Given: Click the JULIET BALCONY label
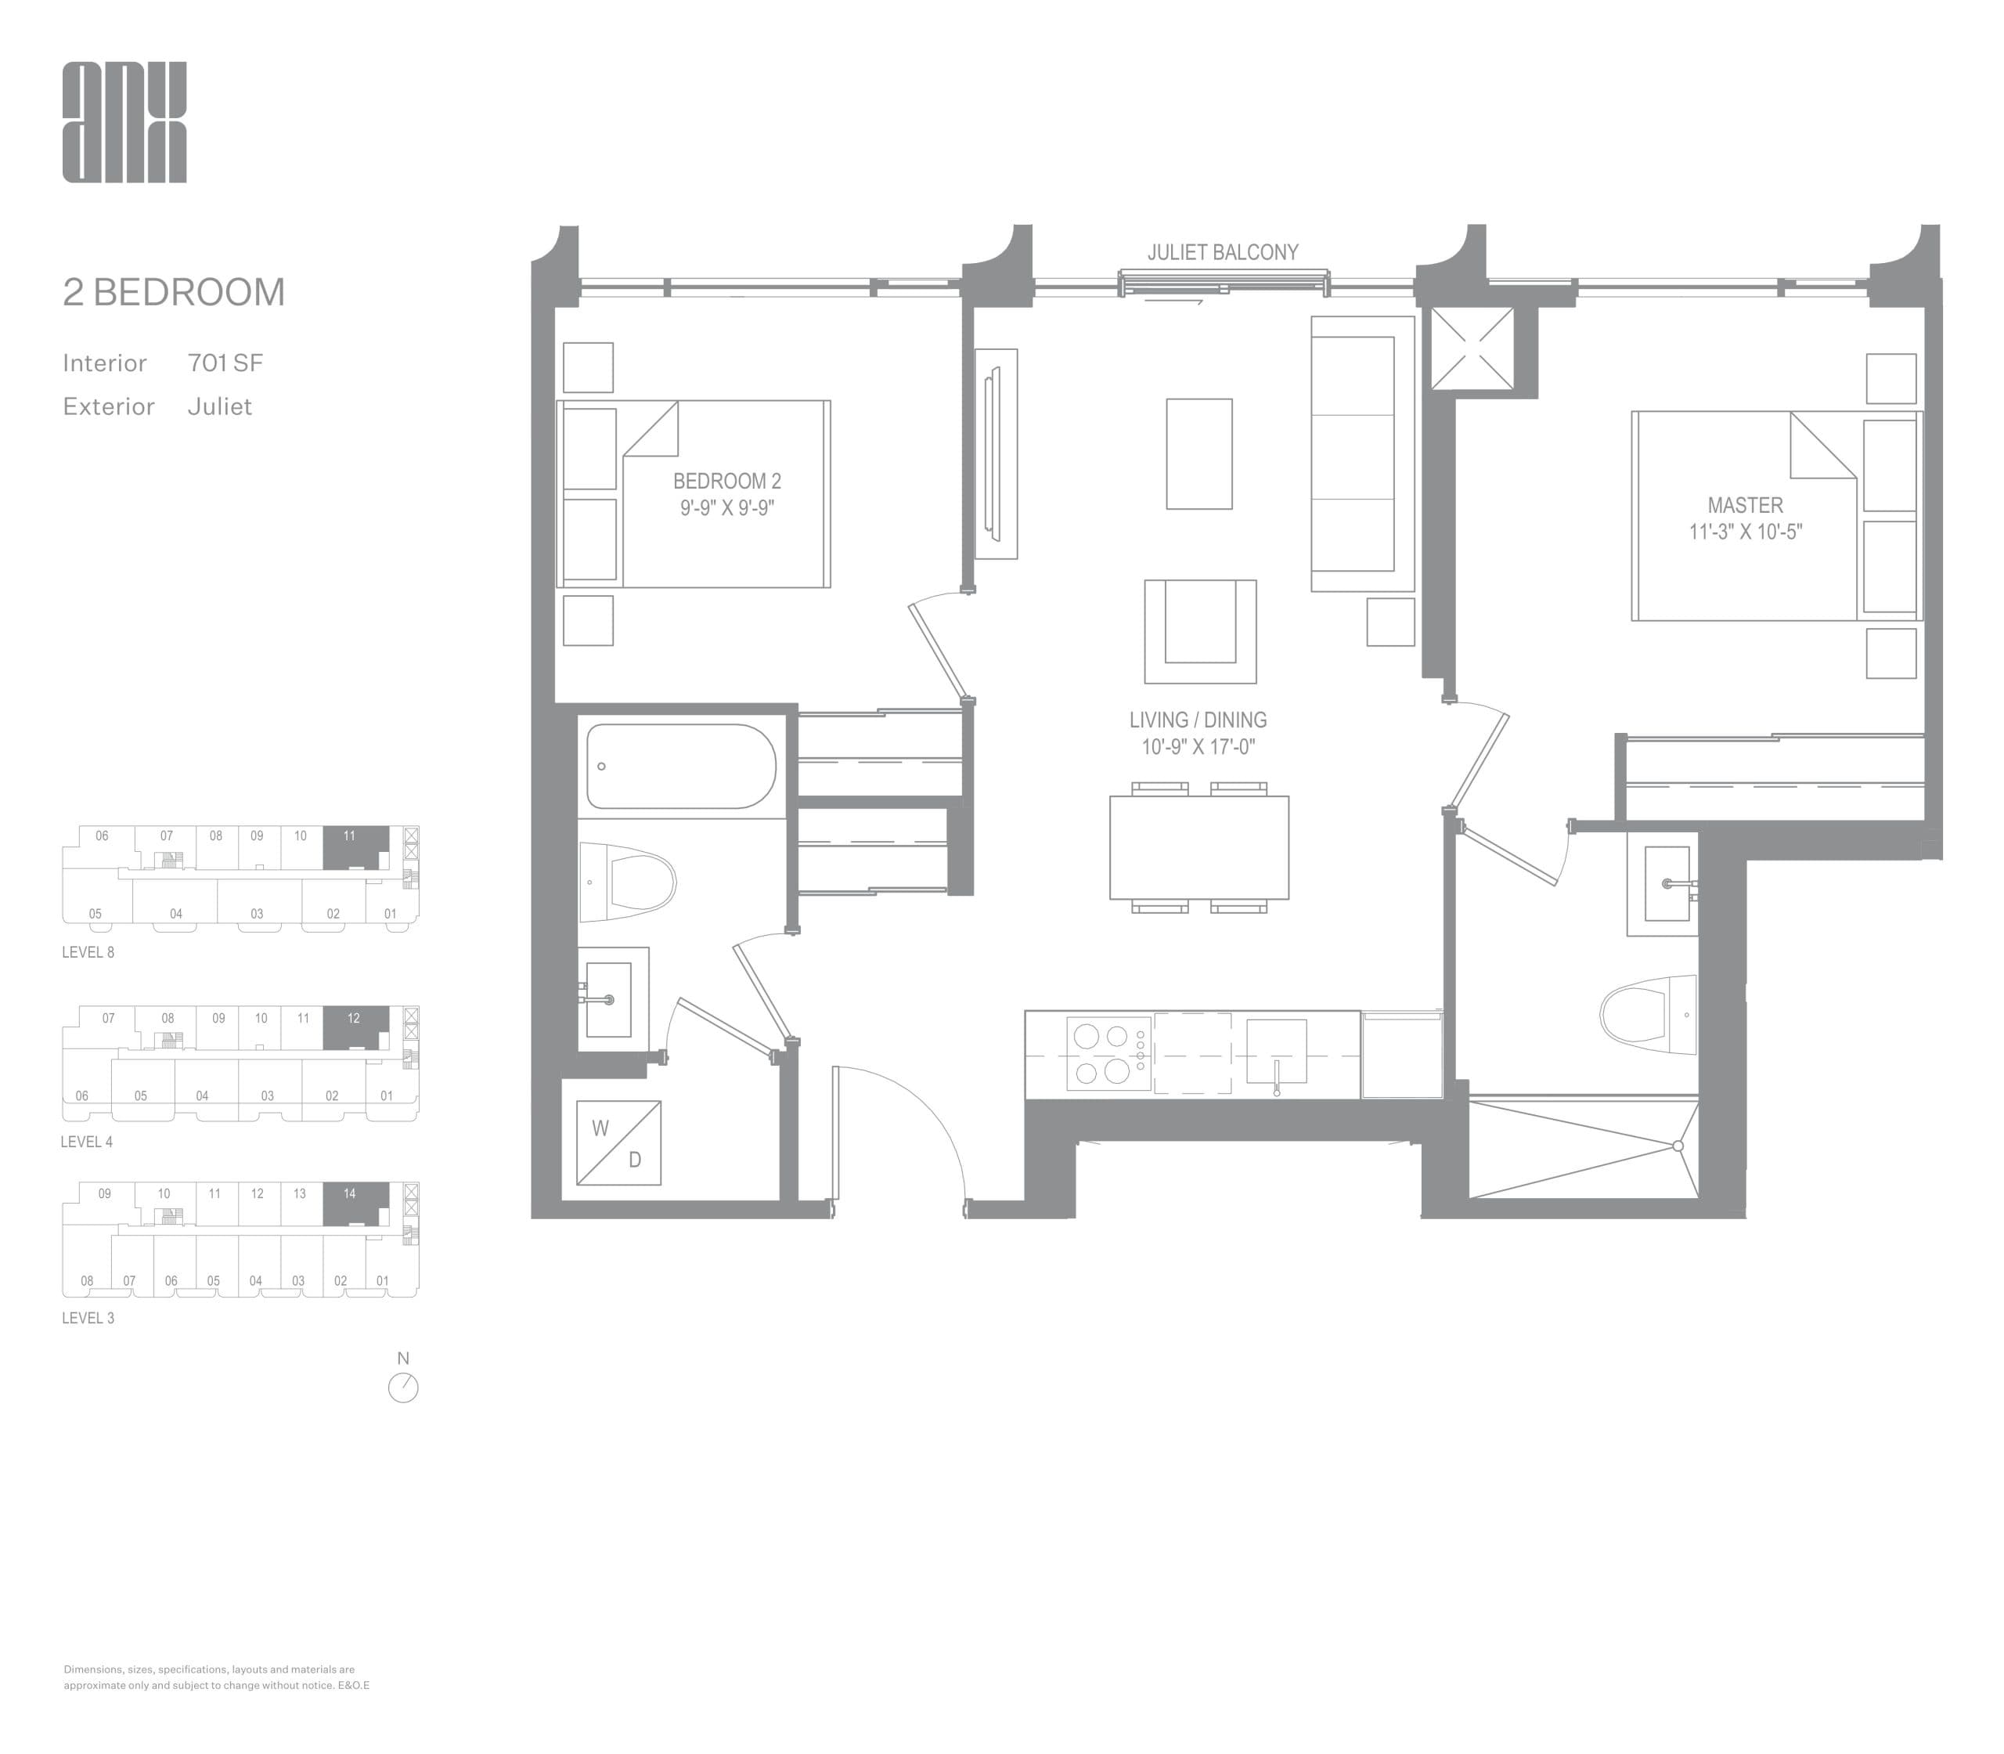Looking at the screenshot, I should [x=1222, y=252].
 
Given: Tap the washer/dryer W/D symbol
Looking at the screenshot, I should [x=618, y=1143].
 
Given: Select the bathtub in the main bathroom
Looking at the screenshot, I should [x=681, y=767].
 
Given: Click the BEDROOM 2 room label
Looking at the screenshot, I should [x=726, y=481].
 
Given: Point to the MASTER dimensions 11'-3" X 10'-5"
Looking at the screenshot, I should [x=1745, y=532].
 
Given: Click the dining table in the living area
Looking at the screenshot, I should [x=1198, y=847].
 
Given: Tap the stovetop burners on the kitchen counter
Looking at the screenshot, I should [x=1101, y=1053].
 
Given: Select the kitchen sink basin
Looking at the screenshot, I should [x=1276, y=1050].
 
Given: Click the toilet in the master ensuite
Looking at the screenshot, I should [x=1648, y=1014].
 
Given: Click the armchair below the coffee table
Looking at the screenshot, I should [x=1199, y=631].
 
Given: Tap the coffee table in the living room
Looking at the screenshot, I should [x=1198, y=453].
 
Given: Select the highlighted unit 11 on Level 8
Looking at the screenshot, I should [x=354, y=846].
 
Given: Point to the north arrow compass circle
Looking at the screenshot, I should [x=403, y=1388].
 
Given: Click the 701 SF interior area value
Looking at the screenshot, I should [x=225, y=363].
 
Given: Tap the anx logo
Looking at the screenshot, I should [x=124, y=122].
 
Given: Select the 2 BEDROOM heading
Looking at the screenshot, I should [x=174, y=291].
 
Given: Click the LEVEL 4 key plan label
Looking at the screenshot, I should [x=87, y=1142].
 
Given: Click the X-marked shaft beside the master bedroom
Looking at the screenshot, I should [x=1472, y=348].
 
